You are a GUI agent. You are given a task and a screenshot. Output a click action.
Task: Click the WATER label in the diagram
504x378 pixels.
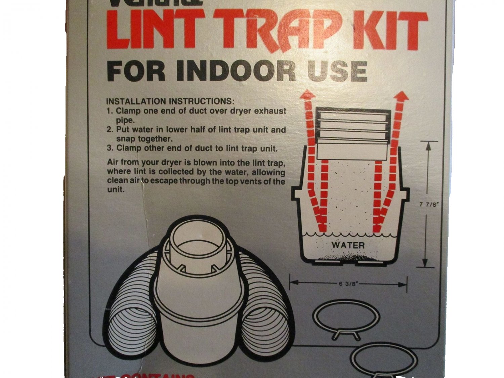click(348, 245)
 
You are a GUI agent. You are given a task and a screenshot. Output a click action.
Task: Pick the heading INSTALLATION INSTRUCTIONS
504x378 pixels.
click(170, 101)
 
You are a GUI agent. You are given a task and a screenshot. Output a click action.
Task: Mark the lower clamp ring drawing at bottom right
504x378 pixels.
click(383, 361)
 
